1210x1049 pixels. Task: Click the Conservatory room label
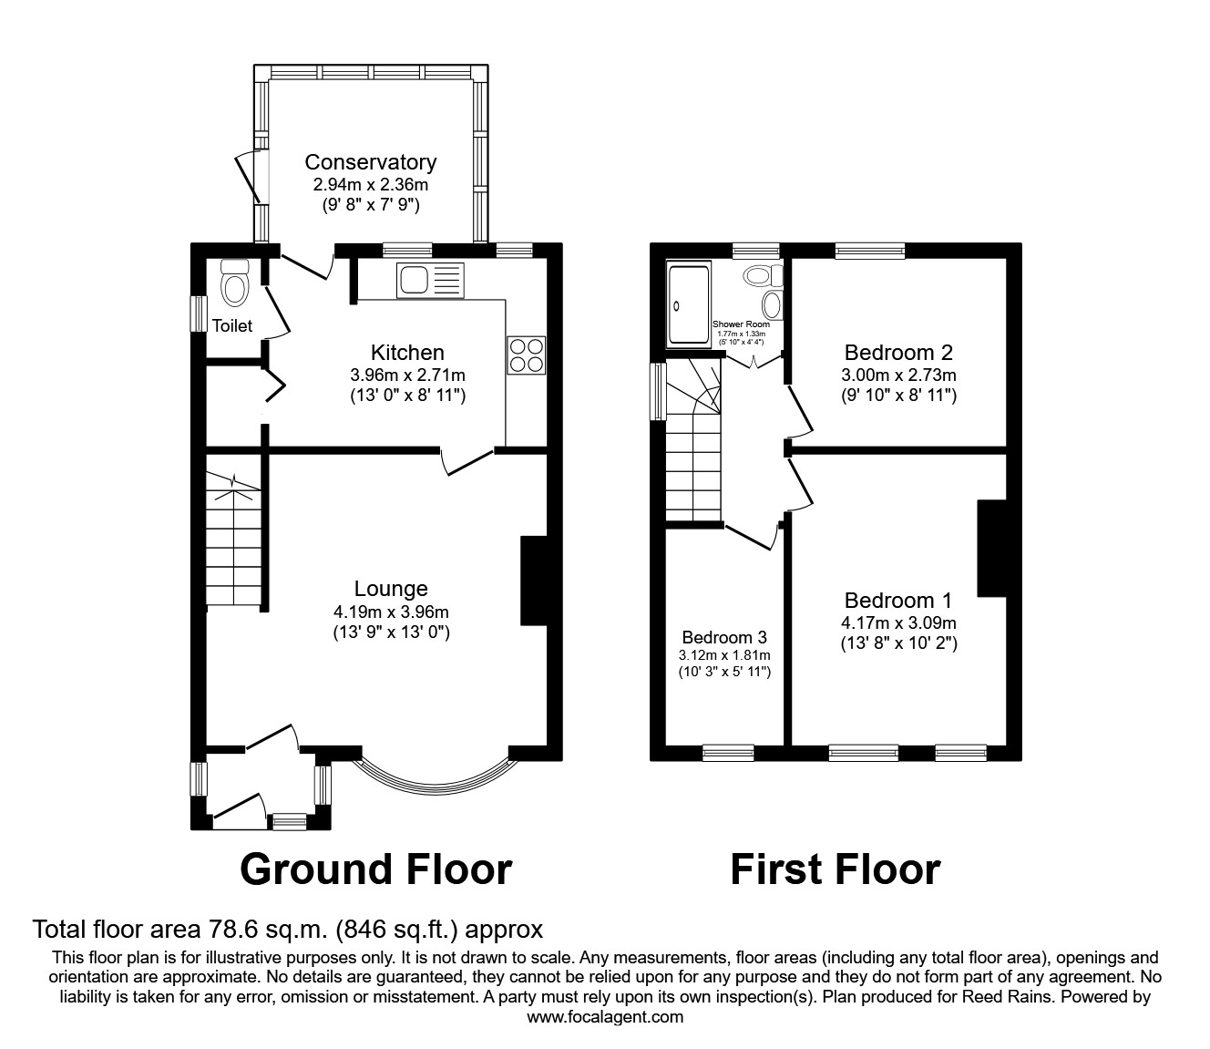tap(370, 162)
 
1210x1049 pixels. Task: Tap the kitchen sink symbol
tap(430, 280)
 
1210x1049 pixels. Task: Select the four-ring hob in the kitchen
tap(527, 355)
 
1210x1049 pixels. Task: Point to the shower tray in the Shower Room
tap(689, 304)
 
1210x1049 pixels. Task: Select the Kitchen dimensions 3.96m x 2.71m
tap(407, 375)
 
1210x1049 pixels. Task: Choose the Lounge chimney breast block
tap(533, 581)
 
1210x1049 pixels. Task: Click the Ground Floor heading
tap(375, 869)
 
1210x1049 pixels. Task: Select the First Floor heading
tap(835, 869)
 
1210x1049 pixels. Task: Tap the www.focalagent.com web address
tap(605, 1017)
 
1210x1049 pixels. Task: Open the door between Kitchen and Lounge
tap(468, 462)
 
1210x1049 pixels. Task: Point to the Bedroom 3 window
tap(728, 753)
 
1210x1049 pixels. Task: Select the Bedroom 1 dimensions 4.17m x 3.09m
tap(898, 623)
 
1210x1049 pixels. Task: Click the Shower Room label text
tap(741, 324)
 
